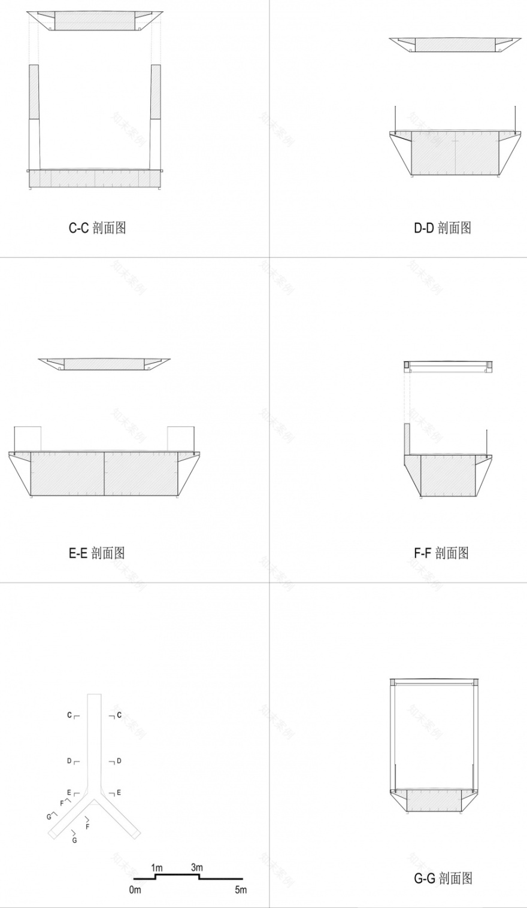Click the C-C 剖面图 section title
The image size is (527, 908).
pos(98,227)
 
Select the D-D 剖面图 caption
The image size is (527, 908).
pos(443,227)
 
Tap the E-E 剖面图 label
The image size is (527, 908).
pos(97,552)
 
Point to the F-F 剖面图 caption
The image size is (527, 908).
pos(441,552)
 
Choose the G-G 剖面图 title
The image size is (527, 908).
pos(443,878)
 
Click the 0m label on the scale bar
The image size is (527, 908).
pos(135,890)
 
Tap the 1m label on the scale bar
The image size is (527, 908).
pos(157,867)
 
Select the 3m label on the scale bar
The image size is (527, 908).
pos(197,867)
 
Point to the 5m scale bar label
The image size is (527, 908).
pos(241,890)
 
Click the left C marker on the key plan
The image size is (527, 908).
pos(70,715)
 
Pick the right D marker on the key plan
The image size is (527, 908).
pos(119,761)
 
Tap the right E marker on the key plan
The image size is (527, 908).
pos(119,792)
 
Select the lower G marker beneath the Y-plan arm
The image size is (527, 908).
pos(75,840)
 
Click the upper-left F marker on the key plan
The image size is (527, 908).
pos(62,803)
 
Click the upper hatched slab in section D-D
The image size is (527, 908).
pos(455,45)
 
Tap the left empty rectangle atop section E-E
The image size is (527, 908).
pos(27,438)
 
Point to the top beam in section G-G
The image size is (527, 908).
pos(434,682)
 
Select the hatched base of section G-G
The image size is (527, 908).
pos(434,800)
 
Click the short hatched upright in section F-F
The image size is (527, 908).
pos(407,439)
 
